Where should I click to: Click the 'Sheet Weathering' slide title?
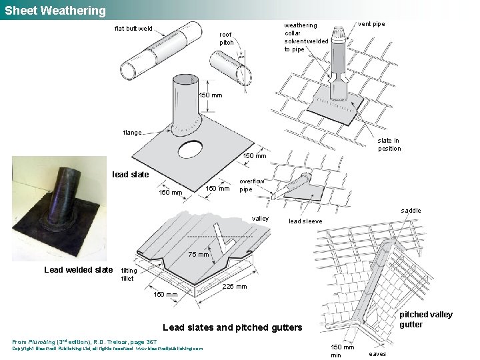pos(55,11)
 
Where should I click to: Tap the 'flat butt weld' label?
pos(133,29)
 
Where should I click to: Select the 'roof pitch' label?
pos(227,38)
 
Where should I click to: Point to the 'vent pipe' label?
pos(371,24)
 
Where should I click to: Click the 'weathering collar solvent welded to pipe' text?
pos(306,37)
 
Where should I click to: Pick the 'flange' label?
pos(132,133)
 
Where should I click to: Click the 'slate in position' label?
pos(389,145)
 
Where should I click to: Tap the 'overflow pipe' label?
pos(252,185)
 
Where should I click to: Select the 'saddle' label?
pos(411,211)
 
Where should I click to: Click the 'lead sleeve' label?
pos(305,221)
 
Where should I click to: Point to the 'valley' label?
pos(261,219)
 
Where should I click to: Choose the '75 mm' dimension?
pos(199,255)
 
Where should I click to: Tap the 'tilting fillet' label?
pos(129,275)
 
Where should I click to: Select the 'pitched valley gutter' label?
pos(426,319)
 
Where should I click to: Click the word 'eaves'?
pos(378,353)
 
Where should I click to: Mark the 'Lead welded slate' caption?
pos(79,270)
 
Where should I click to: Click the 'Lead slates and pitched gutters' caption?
pos(232,327)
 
